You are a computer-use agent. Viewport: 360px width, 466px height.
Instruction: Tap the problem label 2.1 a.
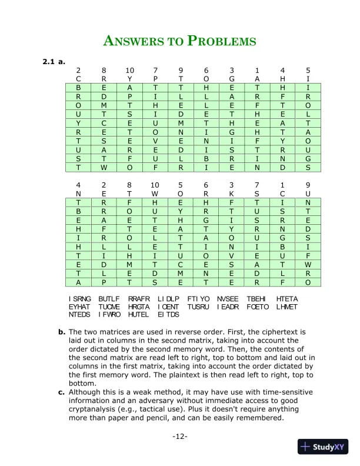pyautogui.click(x=54, y=61)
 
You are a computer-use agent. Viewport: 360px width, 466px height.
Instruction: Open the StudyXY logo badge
pyautogui.click(x=323, y=447)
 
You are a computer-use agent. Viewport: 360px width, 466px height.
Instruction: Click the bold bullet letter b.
pyautogui.click(x=61, y=332)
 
